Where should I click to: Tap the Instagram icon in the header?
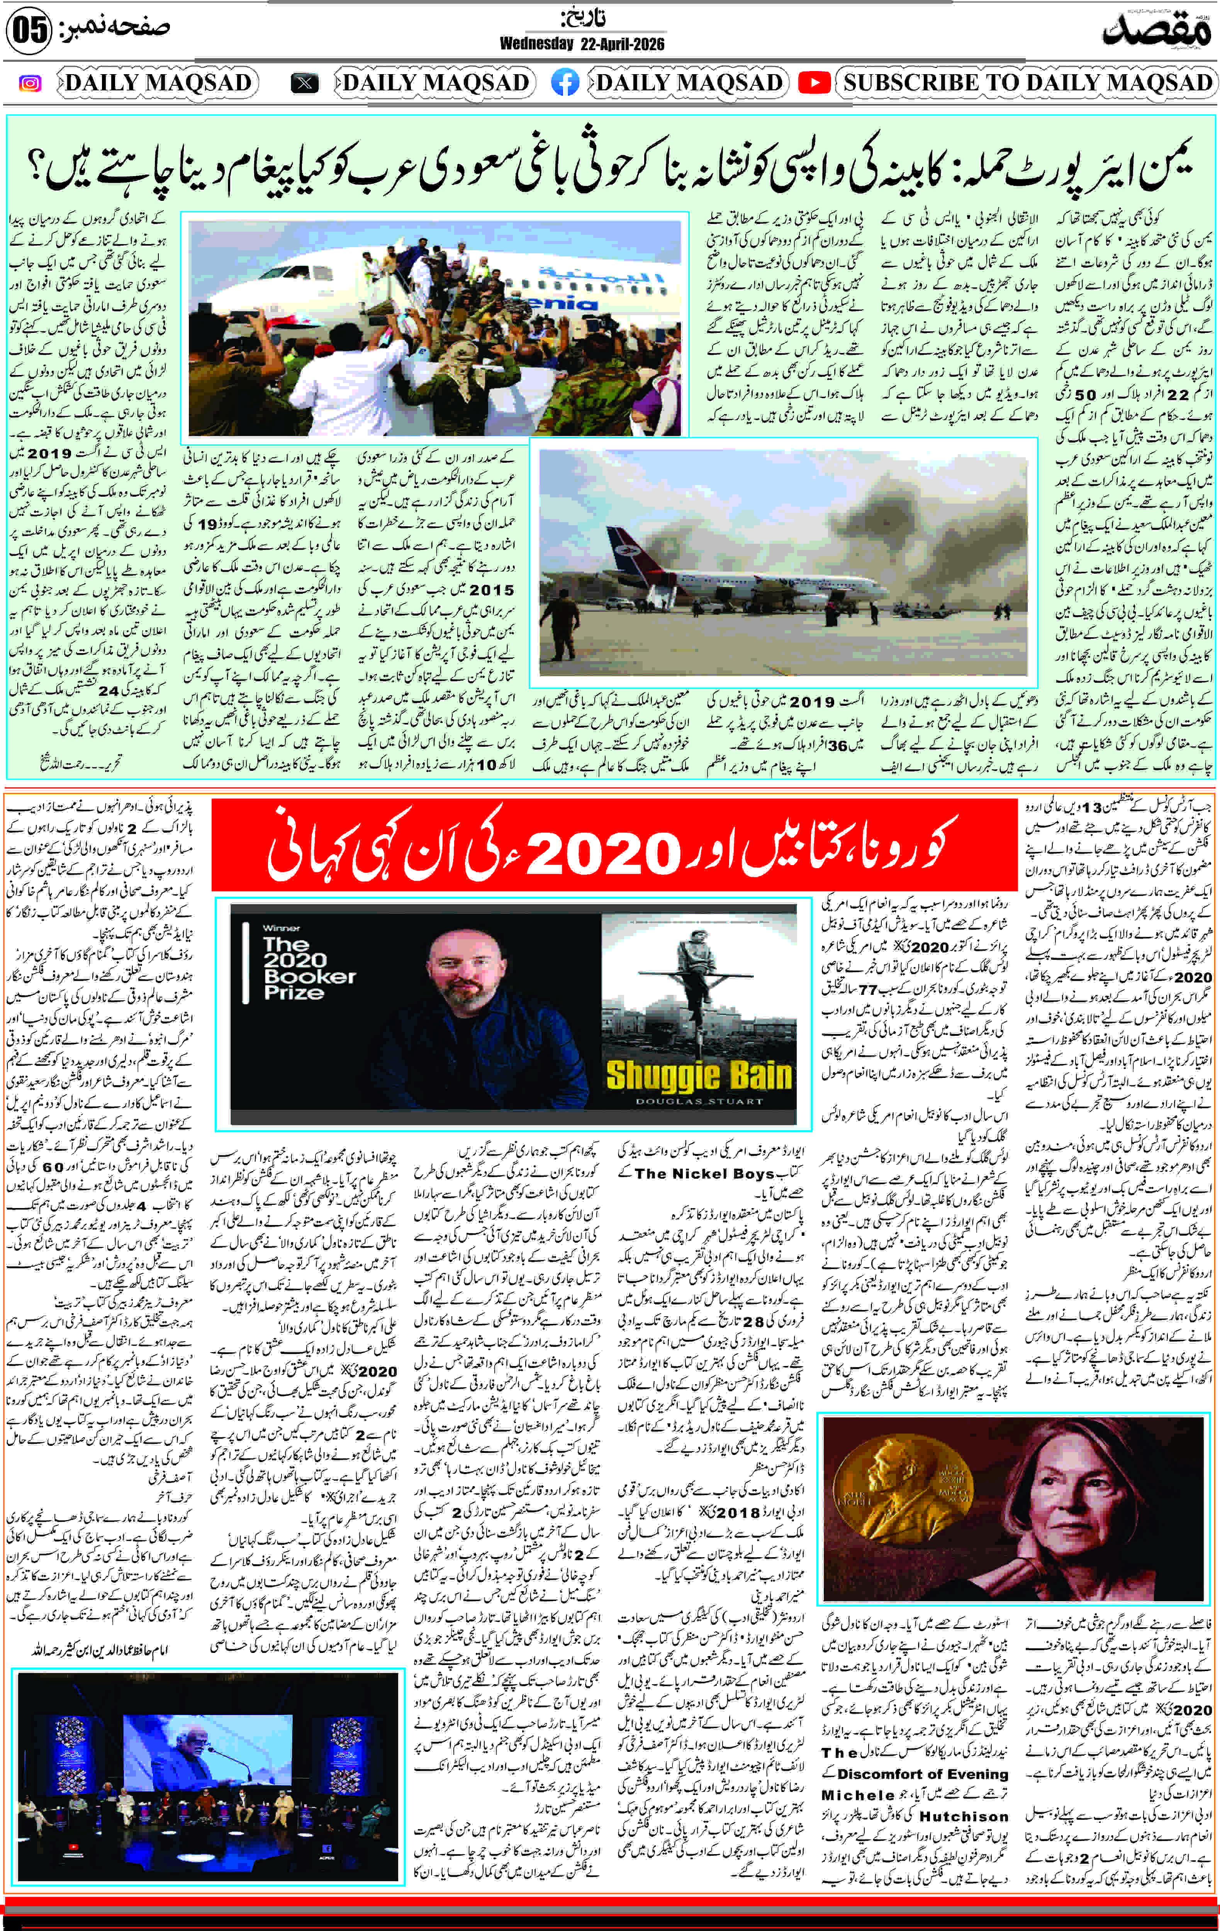[x=30, y=83]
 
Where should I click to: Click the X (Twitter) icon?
[x=305, y=83]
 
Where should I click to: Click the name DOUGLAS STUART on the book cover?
[x=699, y=1101]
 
